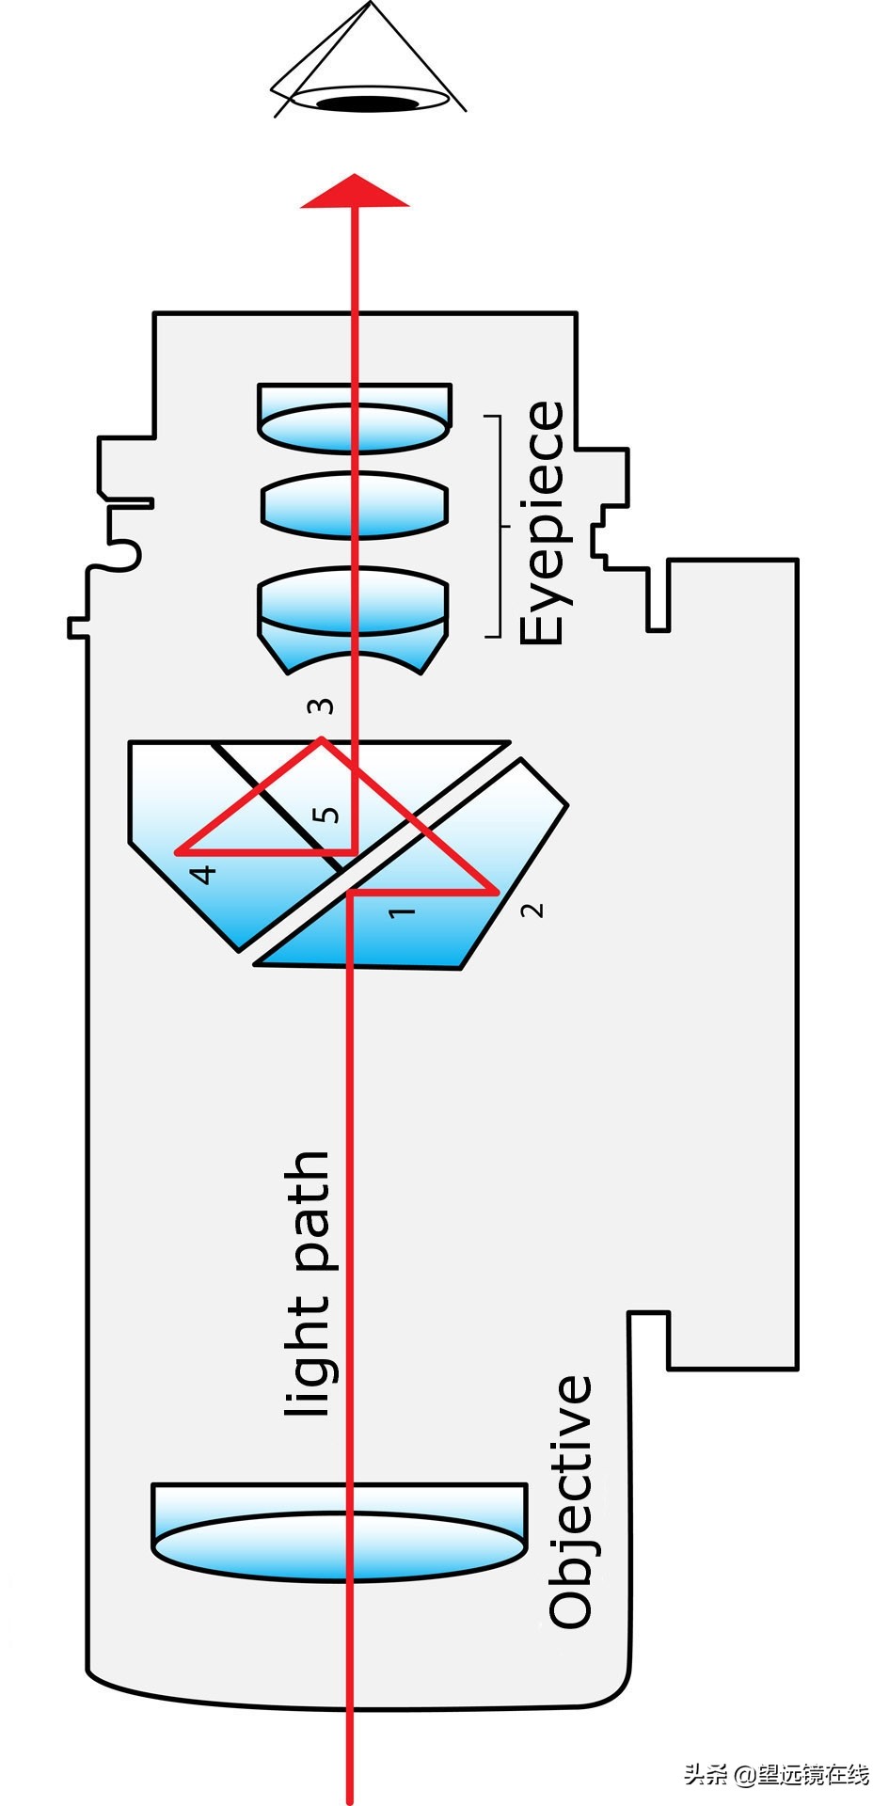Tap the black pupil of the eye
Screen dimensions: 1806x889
(366, 103)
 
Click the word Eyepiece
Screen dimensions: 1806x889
(543, 523)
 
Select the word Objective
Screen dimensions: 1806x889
(571, 1502)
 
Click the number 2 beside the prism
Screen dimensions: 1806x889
(532, 910)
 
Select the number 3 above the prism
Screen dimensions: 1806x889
(321, 705)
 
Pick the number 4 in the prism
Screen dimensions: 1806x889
(202, 874)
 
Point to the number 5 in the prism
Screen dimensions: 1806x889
(325, 814)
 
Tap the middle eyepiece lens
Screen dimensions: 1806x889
(354, 505)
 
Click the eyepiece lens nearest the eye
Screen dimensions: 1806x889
(354, 420)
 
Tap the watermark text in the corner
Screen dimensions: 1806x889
(776, 1774)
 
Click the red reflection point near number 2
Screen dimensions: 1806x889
(496, 891)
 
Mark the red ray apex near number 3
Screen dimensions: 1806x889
(323, 739)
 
